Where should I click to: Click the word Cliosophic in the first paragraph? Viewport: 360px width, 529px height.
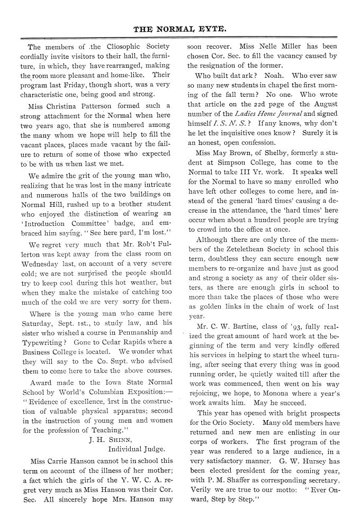110,46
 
